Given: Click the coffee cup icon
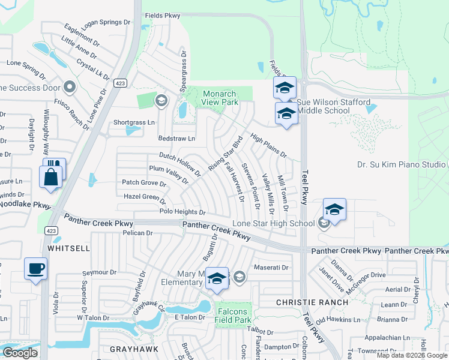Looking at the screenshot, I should point(36,268).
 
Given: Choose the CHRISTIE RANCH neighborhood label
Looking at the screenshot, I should point(312,302).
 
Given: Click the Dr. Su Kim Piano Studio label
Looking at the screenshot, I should point(401,164).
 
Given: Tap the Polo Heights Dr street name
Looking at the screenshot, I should point(182,212).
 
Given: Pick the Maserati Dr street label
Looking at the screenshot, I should point(271,267).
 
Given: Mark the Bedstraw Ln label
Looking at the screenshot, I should point(176,139).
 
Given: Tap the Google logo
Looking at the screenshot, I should point(20,353).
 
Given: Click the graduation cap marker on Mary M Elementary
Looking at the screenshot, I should point(217,278).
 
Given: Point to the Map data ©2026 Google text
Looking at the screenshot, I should point(412,355).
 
